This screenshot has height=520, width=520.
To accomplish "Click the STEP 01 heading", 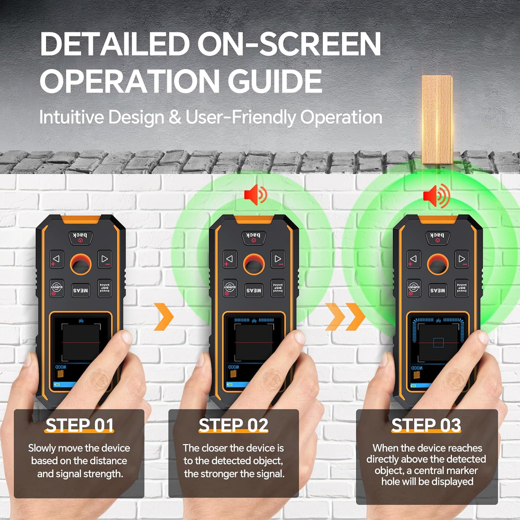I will click(79, 425).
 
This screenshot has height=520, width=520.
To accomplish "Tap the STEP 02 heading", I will click(233, 425).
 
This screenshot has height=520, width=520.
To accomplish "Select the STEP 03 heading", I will click(426, 425).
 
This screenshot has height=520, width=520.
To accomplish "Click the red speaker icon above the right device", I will click(436, 196).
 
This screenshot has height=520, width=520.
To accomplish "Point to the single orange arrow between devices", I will click(163, 317).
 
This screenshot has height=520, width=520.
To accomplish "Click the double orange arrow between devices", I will click(345, 317).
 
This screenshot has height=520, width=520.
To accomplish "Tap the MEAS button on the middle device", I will click(254, 291).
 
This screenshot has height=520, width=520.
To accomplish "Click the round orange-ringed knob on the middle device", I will click(254, 265).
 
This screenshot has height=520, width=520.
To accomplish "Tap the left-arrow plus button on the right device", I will click(414, 259).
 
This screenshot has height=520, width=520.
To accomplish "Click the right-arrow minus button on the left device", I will click(104, 259).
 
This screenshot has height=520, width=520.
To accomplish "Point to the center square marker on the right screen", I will click(438, 343).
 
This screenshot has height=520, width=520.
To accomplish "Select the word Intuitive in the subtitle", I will click(71, 117).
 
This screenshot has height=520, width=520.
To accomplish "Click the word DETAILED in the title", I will click(115, 44).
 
